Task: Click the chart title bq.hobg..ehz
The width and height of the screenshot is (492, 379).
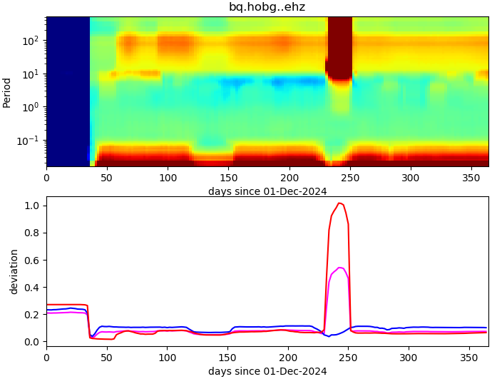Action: [267, 7]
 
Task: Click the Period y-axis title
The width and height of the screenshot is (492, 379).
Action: [7, 92]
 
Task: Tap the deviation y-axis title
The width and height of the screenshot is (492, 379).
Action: [14, 272]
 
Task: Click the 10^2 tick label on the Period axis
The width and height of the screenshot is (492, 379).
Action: [31, 41]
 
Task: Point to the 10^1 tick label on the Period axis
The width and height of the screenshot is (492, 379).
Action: [31, 74]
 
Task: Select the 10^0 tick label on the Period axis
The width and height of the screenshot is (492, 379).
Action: [31, 107]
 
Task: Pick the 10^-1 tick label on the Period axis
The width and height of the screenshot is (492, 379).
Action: [29, 141]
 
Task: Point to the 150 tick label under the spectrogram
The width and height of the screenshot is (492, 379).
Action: [228, 177]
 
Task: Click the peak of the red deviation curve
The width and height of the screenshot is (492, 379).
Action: [340, 203]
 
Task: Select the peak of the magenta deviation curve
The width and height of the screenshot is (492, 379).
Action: [340, 268]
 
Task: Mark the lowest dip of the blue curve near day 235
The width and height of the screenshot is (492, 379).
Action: [330, 335]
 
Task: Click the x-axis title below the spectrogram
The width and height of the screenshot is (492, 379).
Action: [267, 191]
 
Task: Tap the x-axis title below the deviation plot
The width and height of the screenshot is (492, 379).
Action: [267, 371]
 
